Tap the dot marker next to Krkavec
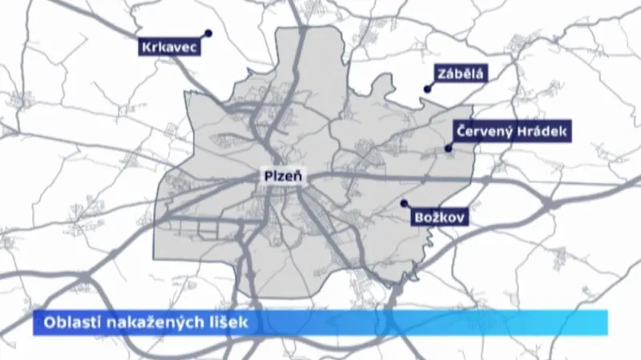[208, 34]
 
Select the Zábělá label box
[460, 75]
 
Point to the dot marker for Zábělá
[428, 90]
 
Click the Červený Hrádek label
[511, 131]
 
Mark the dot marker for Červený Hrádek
[449, 148]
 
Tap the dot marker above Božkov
[405, 203]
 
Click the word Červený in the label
[483, 131]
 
